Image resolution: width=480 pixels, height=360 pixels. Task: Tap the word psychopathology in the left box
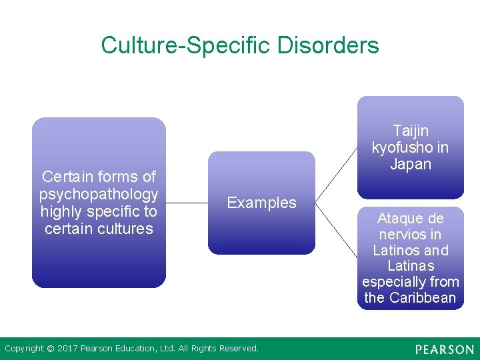99,194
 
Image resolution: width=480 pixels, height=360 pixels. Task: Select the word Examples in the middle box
261,203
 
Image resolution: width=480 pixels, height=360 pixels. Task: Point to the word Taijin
411,131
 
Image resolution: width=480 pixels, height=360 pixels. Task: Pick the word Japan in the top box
411,164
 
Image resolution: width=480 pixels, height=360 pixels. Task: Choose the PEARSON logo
444,349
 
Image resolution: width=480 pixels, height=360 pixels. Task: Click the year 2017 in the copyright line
67,348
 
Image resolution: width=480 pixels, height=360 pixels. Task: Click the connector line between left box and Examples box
187,203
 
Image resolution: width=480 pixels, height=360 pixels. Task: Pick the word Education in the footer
138,348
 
